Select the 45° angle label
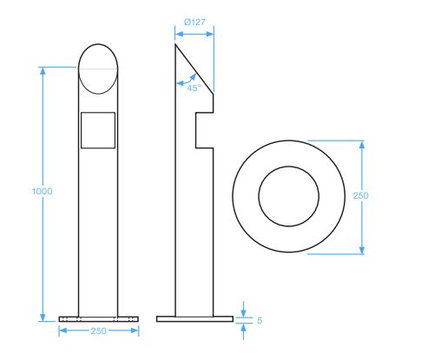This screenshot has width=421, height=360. pos(193,88)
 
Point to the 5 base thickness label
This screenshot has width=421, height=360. pos(260,320)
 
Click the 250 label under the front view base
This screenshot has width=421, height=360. pos(98,331)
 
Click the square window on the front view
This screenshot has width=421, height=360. pos(98,129)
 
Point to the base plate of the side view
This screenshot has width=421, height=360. pos(194,318)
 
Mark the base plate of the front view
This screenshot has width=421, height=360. pos(98,318)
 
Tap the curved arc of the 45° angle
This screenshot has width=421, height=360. pos(183,80)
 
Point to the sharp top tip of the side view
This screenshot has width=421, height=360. pos(176,43)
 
